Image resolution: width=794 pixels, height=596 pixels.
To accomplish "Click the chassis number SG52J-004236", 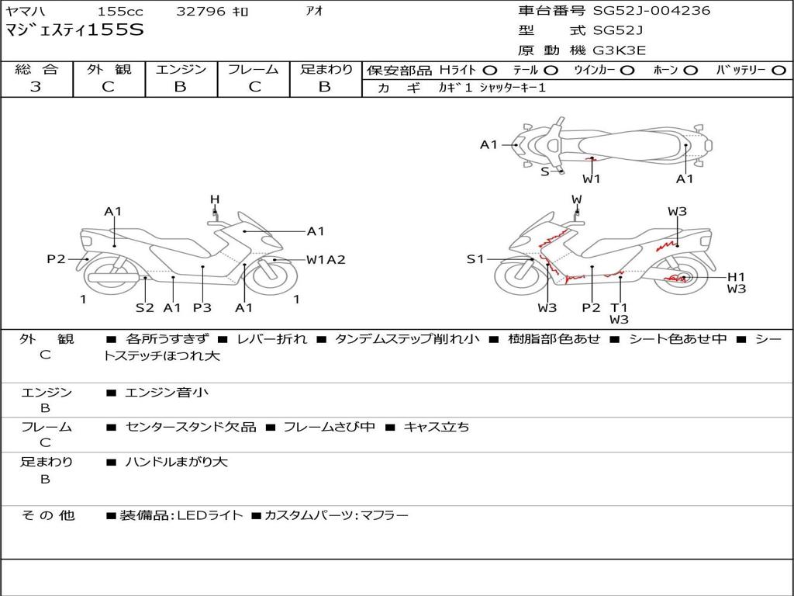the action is click(x=651, y=10).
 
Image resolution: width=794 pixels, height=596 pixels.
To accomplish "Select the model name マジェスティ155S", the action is click(x=74, y=30).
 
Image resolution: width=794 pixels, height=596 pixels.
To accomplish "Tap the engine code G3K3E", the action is click(x=619, y=50).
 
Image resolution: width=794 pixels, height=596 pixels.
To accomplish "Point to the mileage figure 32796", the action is click(x=201, y=11).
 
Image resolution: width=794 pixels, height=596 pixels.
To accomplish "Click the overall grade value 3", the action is click(x=36, y=87).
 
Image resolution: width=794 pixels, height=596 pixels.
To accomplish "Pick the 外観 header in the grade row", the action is click(x=109, y=69).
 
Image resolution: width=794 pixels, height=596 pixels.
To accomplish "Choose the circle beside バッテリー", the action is click(x=778, y=71).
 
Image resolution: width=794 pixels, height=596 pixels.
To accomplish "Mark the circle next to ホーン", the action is click(x=691, y=71).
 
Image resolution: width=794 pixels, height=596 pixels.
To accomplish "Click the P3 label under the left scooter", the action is click(x=202, y=307).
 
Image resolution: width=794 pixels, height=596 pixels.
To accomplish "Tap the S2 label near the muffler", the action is click(x=145, y=307).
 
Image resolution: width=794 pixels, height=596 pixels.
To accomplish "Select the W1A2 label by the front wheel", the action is click(x=326, y=259).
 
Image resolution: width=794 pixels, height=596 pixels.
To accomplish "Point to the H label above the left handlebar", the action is click(x=216, y=199).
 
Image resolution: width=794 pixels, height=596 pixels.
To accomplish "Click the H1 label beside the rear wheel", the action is click(x=737, y=277).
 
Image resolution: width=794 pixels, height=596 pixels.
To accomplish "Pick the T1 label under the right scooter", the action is click(x=619, y=307).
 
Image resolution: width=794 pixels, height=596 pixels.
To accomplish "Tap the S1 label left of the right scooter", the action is click(x=475, y=259).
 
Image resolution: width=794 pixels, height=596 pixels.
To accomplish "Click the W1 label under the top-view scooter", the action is click(x=592, y=179).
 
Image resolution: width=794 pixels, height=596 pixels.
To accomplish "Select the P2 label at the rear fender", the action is click(x=56, y=259).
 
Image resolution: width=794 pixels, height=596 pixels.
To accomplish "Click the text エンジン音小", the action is click(x=167, y=392).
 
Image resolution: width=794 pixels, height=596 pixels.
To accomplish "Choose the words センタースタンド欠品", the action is click(x=191, y=428).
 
